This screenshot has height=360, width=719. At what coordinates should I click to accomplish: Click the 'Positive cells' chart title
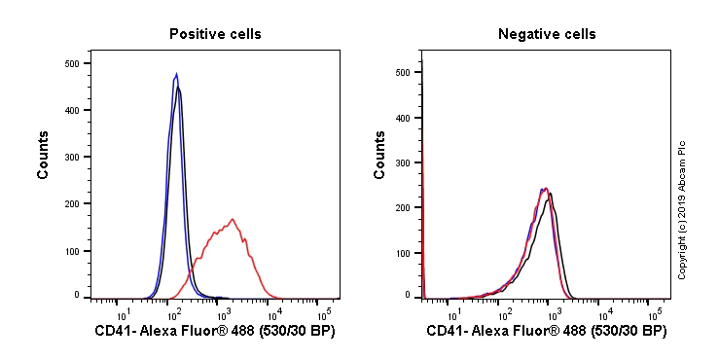[x=215, y=34]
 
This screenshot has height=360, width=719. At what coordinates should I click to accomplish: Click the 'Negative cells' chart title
[x=547, y=34]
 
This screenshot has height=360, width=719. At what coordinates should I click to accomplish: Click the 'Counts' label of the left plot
[x=44, y=155]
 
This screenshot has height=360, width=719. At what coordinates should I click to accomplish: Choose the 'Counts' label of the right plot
[x=380, y=155]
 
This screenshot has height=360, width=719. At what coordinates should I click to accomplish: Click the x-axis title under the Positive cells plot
[x=215, y=332]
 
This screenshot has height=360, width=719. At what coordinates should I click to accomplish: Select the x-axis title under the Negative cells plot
[x=547, y=332]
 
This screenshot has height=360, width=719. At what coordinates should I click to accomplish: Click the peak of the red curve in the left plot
[x=233, y=219]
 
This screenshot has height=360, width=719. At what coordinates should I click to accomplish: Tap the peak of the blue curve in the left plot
[x=176, y=73]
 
